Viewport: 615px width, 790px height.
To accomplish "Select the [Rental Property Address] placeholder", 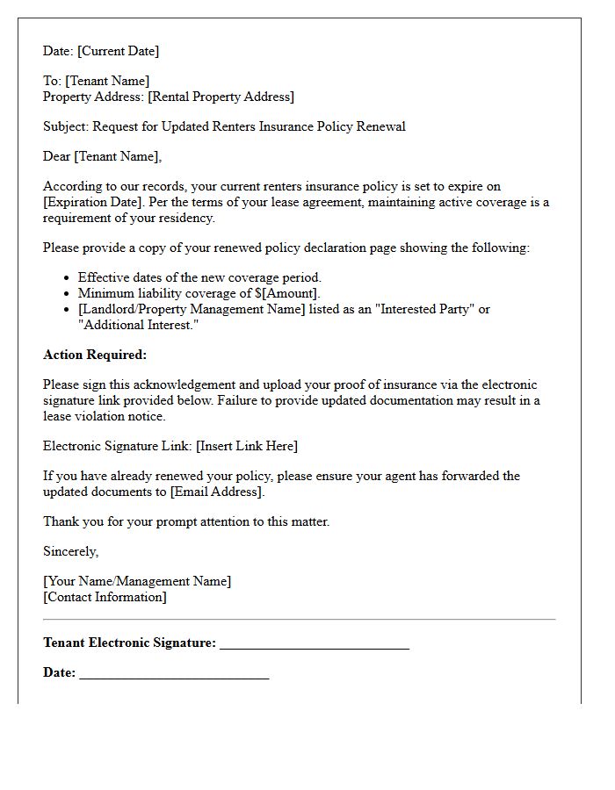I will (x=221, y=97).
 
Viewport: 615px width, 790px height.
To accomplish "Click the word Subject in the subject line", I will (x=66, y=126).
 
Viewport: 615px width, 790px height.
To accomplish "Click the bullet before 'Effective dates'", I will (x=68, y=278).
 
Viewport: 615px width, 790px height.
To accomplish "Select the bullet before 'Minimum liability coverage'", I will (x=68, y=294).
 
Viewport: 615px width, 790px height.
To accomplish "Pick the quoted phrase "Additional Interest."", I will (x=138, y=325).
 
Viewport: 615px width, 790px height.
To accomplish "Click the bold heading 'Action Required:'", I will (x=95, y=355).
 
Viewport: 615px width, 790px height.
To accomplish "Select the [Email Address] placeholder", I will (x=217, y=492).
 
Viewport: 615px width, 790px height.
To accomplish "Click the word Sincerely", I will (x=70, y=551).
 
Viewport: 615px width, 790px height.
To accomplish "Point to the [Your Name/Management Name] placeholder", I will (x=137, y=581).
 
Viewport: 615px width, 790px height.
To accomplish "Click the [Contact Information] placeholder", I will (x=105, y=597).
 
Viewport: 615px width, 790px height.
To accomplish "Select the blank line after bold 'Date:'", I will (x=173, y=675).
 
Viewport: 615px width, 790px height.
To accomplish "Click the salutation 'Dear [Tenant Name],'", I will (x=103, y=156).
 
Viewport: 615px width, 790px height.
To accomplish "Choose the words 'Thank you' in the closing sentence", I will (x=71, y=521).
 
